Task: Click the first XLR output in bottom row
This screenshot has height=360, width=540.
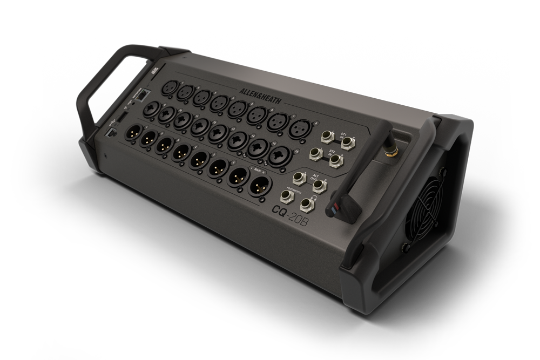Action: point(132,135)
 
